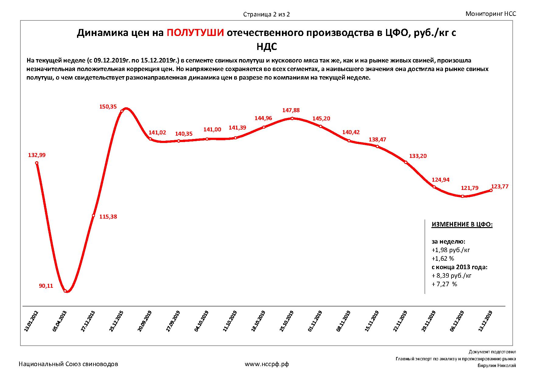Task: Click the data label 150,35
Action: click(108, 107)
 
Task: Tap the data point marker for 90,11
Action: click(65, 291)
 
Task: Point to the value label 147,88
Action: click(292, 111)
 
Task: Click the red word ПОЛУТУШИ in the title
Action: click(195, 33)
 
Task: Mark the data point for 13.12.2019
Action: click(491, 191)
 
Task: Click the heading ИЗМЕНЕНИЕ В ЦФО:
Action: click(462, 225)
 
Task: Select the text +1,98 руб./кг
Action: click(451, 250)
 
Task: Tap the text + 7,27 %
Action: click(444, 284)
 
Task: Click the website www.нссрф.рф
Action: click(267, 364)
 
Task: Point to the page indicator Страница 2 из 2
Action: click(266, 14)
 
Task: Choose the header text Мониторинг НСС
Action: click(491, 14)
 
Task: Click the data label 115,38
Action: click(108, 217)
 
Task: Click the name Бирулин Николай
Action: click(497, 366)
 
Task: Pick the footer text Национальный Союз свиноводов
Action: click(69, 364)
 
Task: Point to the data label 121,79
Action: click(470, 188)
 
